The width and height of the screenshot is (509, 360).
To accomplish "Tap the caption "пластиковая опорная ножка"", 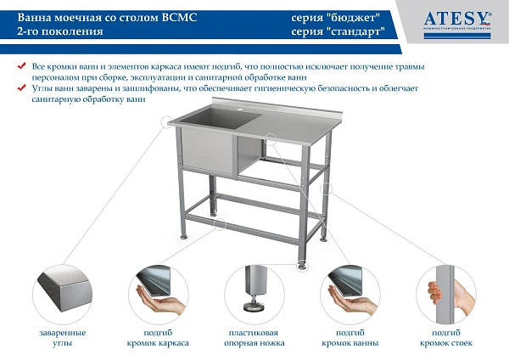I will (x=255, y=337).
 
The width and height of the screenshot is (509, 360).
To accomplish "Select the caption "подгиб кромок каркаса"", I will (x=161, y=337).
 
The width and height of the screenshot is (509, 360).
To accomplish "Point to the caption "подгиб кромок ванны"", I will (x=350, y=337).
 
